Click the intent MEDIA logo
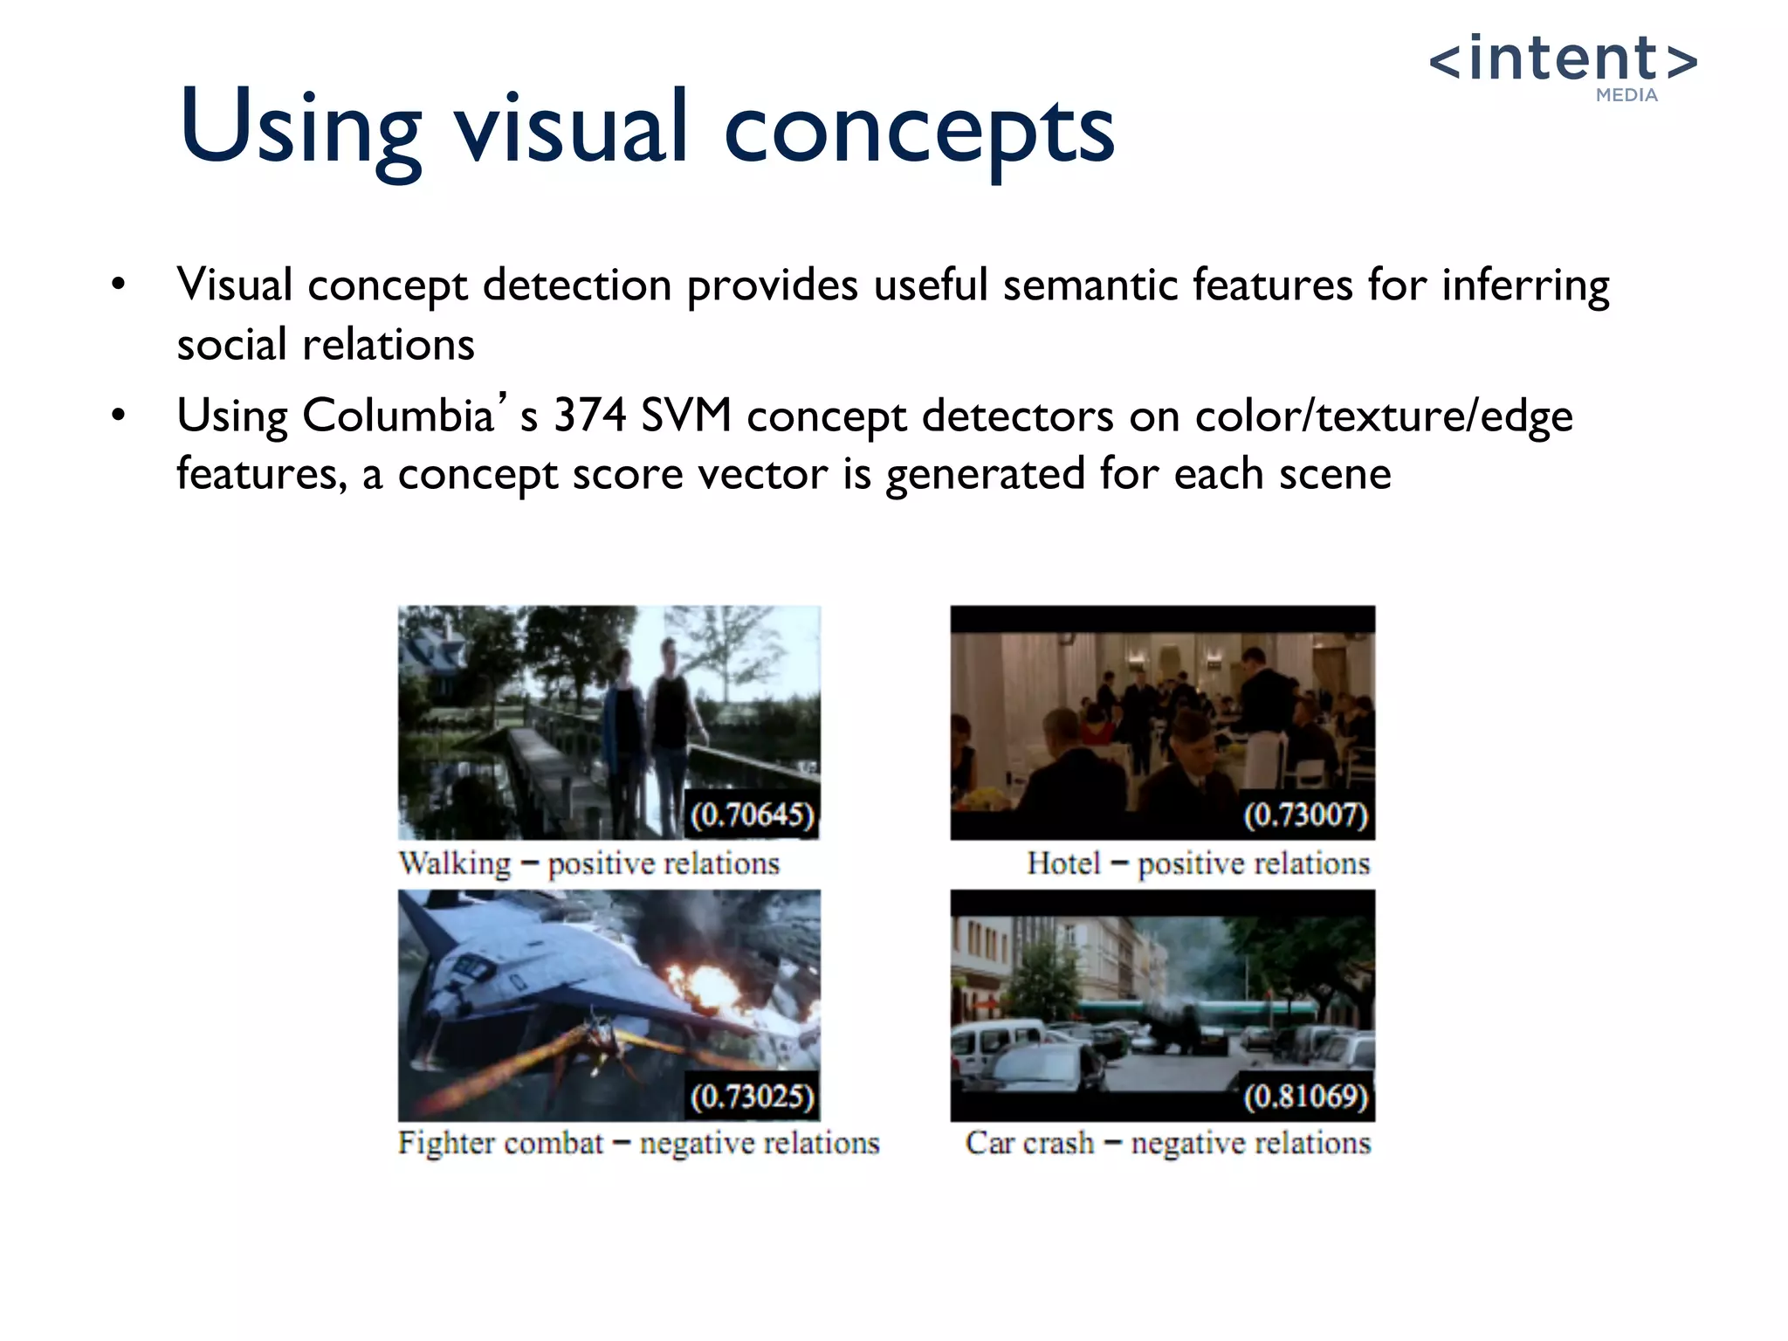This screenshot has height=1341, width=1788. [1563, 65]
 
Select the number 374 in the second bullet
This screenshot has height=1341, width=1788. [589, 416]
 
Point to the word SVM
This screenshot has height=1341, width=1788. [685, 416]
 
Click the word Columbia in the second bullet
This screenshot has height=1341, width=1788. [398, 416]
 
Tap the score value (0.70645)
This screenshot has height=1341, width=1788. [752, 815]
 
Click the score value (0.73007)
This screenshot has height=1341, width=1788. [1305, 815]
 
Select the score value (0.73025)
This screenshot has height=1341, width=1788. [752, 1097]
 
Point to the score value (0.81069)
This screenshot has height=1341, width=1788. [1305, 1097]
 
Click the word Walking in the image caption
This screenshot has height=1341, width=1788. [455, 863]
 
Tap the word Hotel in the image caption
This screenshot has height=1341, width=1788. [1063, 863]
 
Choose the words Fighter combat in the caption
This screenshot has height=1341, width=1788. [500, 1143]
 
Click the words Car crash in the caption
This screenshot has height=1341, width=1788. [1029, 1143]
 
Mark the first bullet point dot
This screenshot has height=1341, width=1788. [118, 285]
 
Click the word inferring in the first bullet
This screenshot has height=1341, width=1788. [1525, 285]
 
